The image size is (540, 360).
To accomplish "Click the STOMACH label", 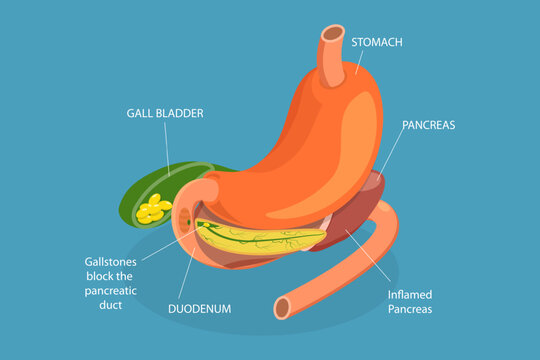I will coord(376,42).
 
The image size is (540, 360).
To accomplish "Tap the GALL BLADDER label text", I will coord(165,114).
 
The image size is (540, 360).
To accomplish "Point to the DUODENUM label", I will coord(199,309).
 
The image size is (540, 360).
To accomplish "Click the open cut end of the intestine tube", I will coord(282,308).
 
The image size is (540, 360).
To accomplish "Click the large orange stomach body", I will coord(300,150).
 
